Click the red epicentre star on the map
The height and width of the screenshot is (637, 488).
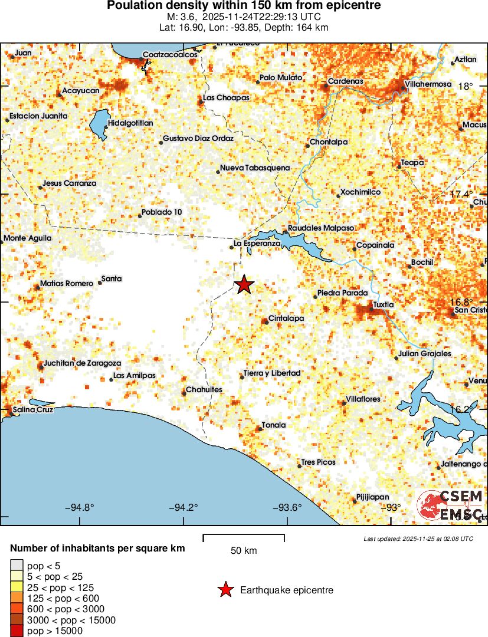(244, 285)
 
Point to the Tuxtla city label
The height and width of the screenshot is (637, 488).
(383, 304)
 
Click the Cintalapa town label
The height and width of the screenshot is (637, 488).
(286, 318)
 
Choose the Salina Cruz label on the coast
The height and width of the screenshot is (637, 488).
(33, 409)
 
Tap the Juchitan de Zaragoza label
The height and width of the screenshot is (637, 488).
(83, 363)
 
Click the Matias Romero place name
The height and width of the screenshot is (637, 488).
(67, 284)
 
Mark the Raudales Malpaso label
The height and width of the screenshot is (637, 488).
(321, 228)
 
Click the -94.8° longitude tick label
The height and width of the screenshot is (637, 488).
(80, 508)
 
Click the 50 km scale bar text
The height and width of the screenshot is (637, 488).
(244, 551)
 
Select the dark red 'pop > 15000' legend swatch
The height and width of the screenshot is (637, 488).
(17, 631)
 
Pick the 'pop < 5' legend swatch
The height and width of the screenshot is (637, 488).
(17, 565)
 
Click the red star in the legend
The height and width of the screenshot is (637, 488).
(225, 590)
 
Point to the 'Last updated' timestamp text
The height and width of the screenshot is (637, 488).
(418, 539)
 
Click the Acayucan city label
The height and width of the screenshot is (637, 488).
(81, 91)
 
